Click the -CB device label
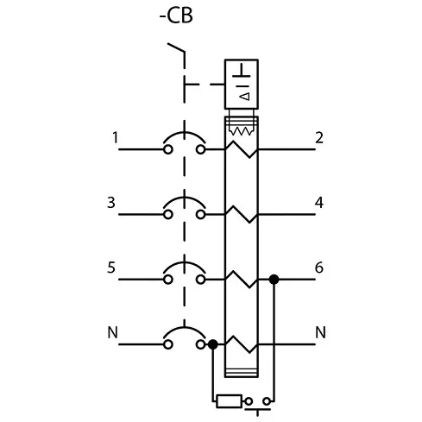176,16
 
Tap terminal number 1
116,137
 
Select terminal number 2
319,137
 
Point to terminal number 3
111,203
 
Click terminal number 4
319,203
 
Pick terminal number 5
111,268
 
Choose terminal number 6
319,268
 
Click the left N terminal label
112,332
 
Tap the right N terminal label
320,332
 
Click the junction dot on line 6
274,280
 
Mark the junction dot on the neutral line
213,344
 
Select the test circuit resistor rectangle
229,401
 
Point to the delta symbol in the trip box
245,97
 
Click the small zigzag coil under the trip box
241,131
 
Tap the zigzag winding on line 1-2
241,149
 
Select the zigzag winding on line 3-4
241,214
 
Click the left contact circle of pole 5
168,280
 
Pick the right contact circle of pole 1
201,149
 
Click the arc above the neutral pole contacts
185,328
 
